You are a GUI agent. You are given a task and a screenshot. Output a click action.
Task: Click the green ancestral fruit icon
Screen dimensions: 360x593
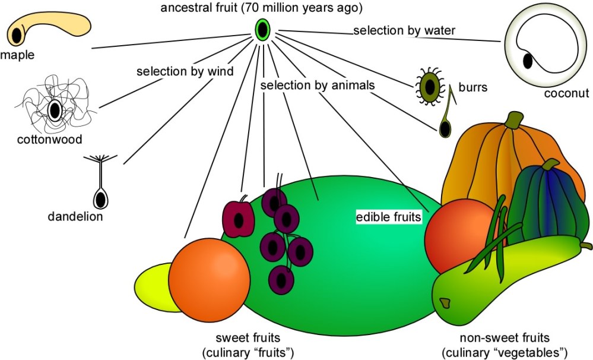coord(262,30)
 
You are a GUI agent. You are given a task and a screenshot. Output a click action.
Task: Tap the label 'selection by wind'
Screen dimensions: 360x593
coord(185,72)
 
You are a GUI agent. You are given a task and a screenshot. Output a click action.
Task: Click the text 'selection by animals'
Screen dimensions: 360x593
coord(318,86)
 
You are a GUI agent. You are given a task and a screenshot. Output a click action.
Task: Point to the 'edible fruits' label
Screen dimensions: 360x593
coord(388,217)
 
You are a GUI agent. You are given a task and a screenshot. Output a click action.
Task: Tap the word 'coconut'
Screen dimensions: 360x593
coord(566,93)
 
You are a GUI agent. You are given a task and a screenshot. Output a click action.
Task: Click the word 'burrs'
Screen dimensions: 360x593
coord(473,88)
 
